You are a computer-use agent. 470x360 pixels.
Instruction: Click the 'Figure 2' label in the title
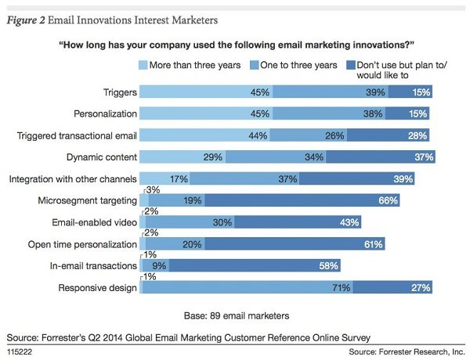31,17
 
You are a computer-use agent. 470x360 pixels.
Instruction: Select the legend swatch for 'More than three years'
143,66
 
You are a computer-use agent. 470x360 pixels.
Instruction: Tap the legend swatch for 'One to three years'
255,66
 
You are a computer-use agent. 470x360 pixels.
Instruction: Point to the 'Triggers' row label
116,92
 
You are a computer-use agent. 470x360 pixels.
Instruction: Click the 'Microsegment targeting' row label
88,201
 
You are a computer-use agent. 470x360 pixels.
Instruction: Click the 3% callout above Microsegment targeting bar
153,190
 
